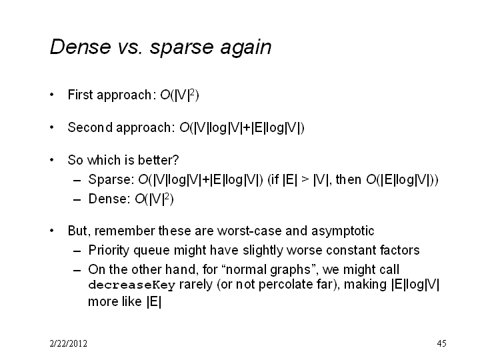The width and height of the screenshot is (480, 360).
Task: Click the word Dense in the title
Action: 80,47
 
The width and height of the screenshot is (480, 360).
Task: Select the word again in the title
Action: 246,49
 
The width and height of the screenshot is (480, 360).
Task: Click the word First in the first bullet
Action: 80,95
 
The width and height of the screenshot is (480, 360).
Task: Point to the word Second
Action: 90,127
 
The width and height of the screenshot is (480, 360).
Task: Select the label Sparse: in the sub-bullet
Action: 111,179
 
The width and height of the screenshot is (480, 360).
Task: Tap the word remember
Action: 125,231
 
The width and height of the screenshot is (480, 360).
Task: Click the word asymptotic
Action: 343,231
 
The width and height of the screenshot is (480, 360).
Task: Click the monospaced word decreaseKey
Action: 131,285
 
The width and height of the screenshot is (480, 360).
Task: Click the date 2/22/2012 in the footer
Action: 68,343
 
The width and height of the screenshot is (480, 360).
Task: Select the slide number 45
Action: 442,343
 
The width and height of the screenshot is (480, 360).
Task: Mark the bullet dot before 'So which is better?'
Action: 52,160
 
